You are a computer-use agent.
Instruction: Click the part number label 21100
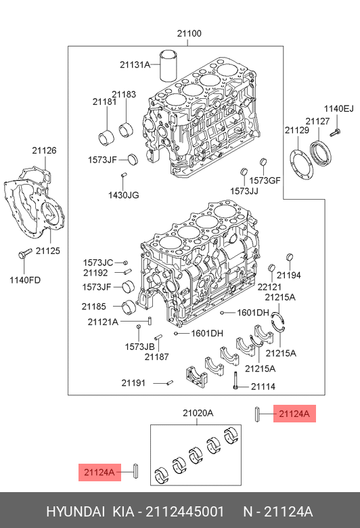click(x=189, y=34)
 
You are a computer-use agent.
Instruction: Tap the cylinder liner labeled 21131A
click(x=168, y=66)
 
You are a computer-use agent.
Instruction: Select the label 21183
click(x=124, y=95)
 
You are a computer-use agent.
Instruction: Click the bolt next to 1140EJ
click(x=335, y=132)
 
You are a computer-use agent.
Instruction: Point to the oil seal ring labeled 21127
click(x=321, y=154)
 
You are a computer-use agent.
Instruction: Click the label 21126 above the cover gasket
click(x=44, y=150)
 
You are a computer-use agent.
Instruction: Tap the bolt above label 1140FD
click(x=24, y=254)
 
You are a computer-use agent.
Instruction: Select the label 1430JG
click(x=124, y=195)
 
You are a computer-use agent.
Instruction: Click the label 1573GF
click(x=265, y=181)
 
